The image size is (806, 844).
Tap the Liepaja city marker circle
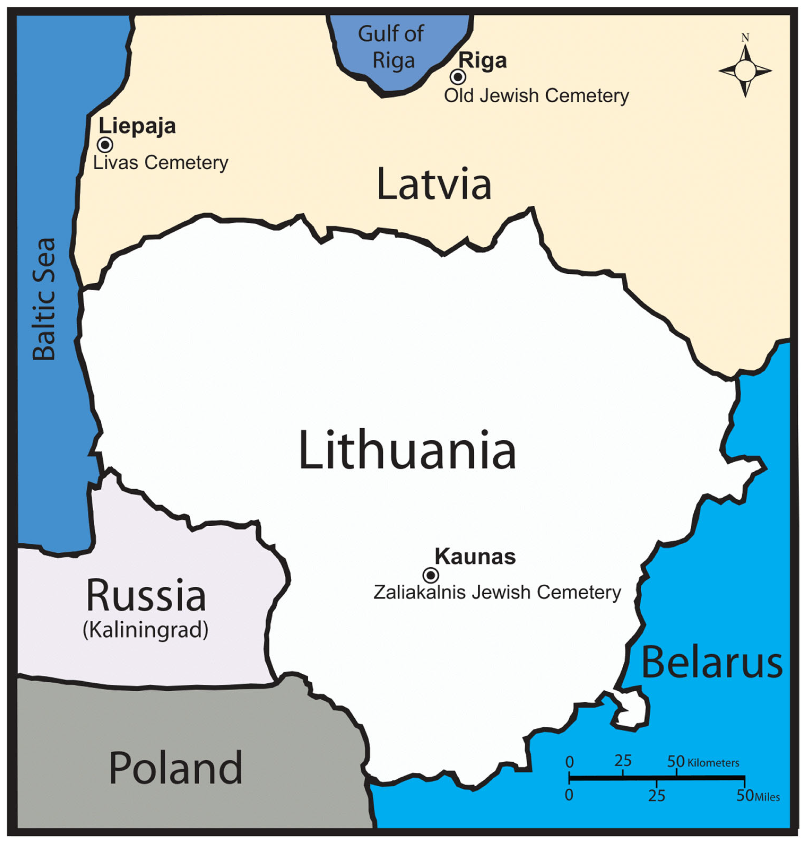105,145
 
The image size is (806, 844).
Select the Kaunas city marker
430,575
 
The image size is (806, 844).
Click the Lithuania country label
407,450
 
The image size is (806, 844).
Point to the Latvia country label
434,185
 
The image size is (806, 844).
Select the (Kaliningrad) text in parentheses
146,630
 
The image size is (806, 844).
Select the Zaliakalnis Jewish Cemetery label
497,592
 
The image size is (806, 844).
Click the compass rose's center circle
745,71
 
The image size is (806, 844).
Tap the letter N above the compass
745,38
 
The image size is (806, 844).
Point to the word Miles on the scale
767,797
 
